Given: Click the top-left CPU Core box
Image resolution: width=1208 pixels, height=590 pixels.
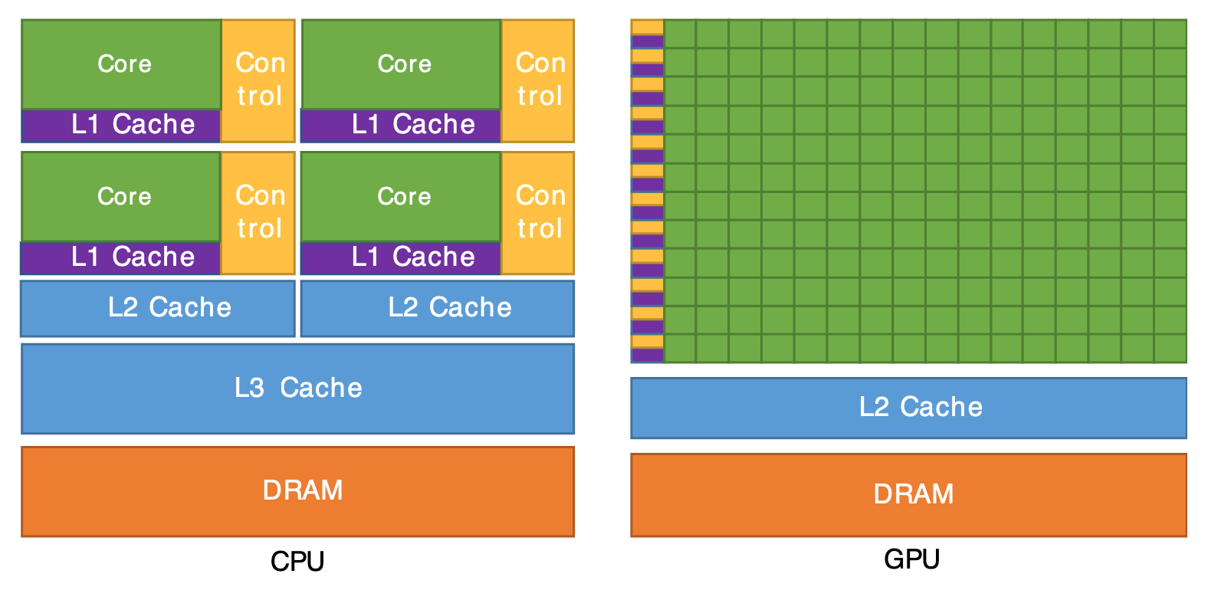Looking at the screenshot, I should [x=122, y=64].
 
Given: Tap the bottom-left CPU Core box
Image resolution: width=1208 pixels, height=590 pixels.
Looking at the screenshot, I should [x=122, y=197].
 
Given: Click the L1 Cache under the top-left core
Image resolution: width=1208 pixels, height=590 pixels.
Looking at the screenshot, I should [x=122, y=125].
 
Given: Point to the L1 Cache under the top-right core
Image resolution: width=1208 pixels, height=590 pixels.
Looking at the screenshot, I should [x=402, y=125].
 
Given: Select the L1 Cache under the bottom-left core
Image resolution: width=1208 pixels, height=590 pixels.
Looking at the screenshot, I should [x=122, y=257].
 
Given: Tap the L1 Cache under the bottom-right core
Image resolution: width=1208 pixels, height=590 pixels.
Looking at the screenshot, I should [x=402, y=257].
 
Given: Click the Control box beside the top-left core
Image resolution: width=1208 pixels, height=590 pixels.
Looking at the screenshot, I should [x=259, y=80].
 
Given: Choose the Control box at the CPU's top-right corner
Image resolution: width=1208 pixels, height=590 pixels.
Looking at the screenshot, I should [x=539, y=80].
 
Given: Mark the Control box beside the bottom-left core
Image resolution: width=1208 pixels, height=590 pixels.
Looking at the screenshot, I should [x=259, y=213].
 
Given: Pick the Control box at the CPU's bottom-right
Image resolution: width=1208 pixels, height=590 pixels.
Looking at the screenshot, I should [x=539, y=213].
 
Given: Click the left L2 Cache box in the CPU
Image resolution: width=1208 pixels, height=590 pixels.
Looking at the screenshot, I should [x=158, y=308].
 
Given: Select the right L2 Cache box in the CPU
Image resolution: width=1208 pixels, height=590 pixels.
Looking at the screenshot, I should [x=438, y=308].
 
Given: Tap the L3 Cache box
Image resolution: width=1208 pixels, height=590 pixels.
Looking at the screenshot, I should [x=298, y=388].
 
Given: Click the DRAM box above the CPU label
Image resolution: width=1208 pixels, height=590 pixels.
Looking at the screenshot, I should [x=298, y=491].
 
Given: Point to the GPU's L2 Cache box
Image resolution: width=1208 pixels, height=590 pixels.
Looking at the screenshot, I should [x=909, y=408].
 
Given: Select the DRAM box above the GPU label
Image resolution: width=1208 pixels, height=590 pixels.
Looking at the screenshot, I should [x=909, y=495].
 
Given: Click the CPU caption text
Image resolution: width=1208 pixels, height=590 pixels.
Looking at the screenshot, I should [x=297, y=562].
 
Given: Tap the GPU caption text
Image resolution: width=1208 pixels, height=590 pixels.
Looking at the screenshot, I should [x=911, y=559].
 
